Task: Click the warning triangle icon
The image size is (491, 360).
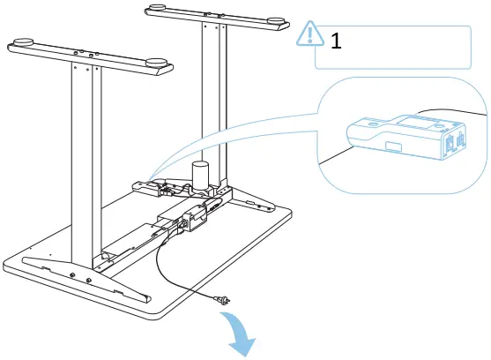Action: click(x=310, y=34)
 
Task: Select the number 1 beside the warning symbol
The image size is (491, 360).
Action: click(x=336, y=40)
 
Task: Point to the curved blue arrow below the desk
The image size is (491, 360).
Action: click(x=244, y=336)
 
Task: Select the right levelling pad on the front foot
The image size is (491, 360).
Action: click(x=158, y=63)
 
